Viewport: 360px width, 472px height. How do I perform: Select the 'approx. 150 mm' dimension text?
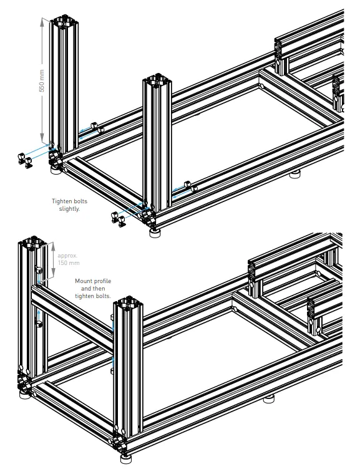click(x=67, y=259)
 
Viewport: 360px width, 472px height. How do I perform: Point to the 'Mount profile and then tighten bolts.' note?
click(x=92, y=289)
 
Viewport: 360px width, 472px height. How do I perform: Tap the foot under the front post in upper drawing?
click(x=153, y=234)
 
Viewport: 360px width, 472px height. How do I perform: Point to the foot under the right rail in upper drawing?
click(x=295, y=174)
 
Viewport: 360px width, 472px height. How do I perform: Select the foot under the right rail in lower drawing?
click(x=270, y=398)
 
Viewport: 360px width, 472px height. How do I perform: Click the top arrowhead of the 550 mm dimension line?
click(x=42, y=20)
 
